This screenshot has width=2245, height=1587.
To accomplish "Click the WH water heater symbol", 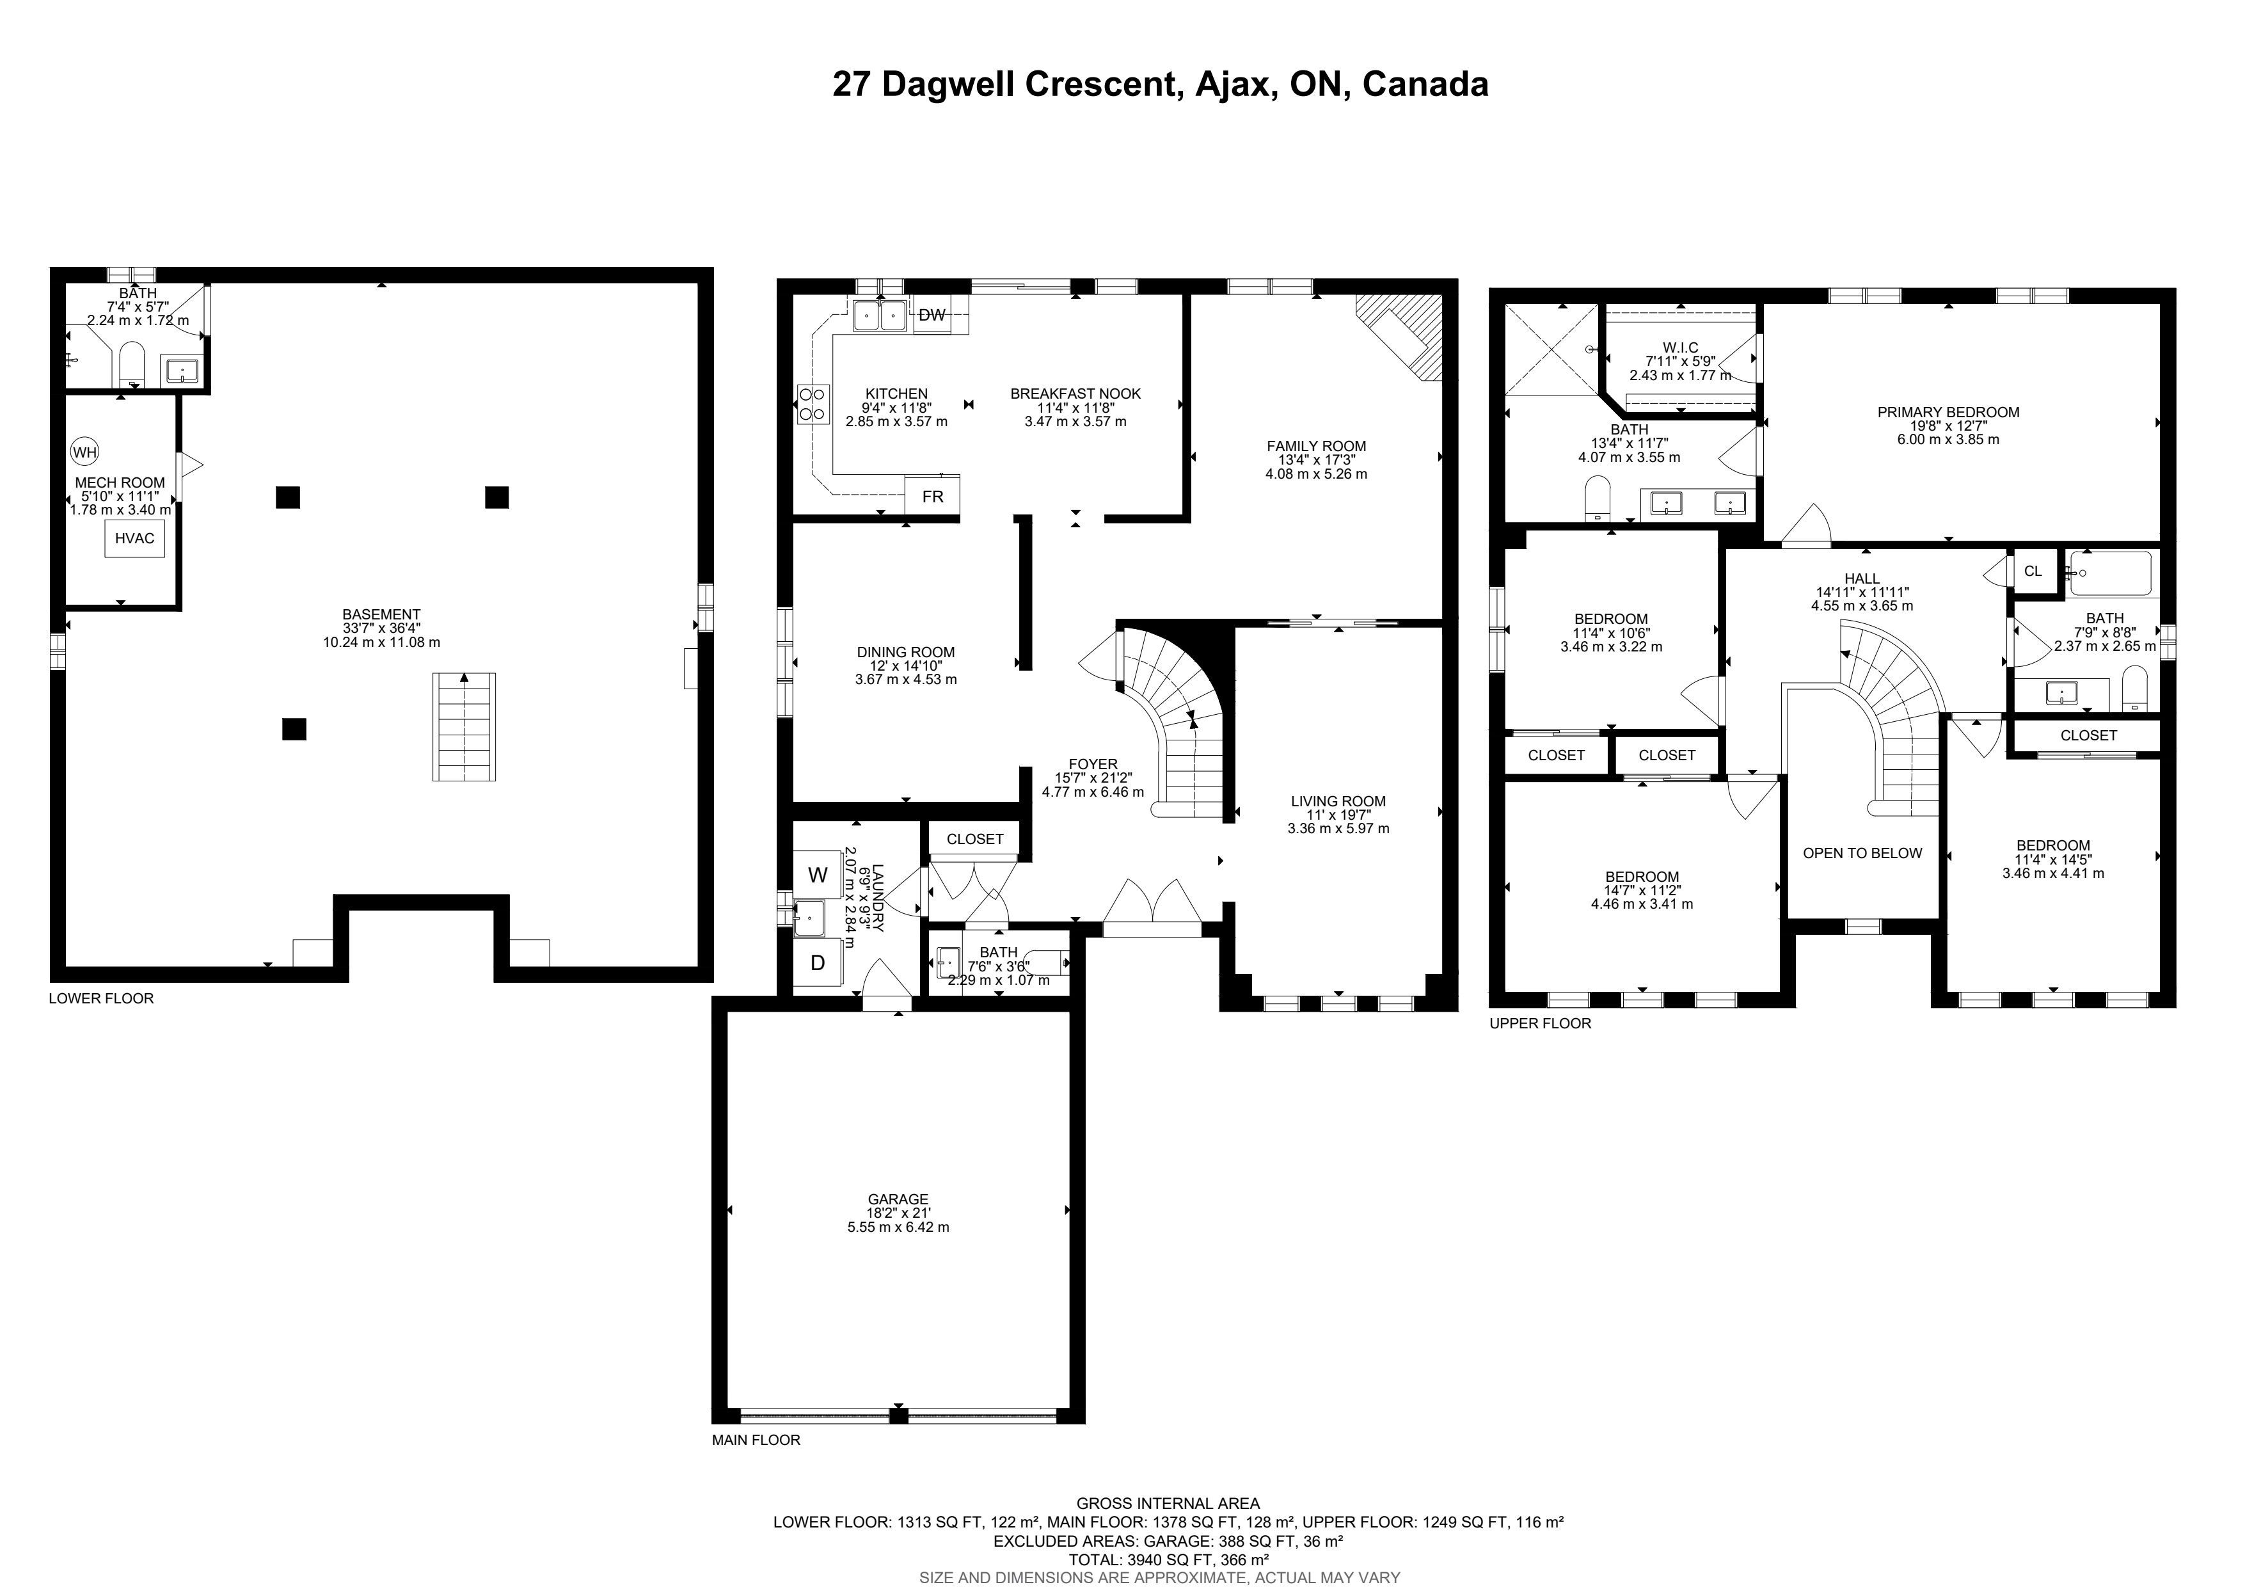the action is tap(85, 452).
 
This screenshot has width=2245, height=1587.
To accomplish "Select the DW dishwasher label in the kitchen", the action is tap(932, 315).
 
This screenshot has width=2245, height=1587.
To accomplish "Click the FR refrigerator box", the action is tap(933, 496).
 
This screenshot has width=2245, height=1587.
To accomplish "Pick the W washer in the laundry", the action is tap(818, 875).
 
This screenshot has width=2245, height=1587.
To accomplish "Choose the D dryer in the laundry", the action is tap(818, 963).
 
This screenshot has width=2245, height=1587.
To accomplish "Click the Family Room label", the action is tap(1316, 446).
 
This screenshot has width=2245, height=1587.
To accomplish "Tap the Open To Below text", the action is tap(1862, 852).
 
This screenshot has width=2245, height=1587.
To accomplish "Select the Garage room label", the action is tap(898, 1199).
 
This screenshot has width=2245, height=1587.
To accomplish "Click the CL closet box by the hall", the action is tap(2033, 571).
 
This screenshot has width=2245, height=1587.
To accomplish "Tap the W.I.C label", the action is tap(1680, 347).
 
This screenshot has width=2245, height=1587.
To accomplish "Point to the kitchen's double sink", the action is tap(879, 316).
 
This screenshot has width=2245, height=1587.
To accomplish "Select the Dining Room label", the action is tap(905, 652).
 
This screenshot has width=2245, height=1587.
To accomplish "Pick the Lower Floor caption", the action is tap(102, 998).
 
